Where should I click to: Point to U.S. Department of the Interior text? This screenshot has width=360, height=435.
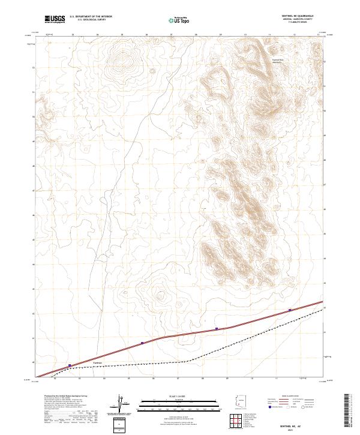[x=91, y=16]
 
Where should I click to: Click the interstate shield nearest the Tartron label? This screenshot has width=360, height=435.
[x=70, y=365]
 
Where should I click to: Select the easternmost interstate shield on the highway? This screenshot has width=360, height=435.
[x=290, y=310]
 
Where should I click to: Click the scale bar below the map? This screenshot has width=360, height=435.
[x=172, y=403]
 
